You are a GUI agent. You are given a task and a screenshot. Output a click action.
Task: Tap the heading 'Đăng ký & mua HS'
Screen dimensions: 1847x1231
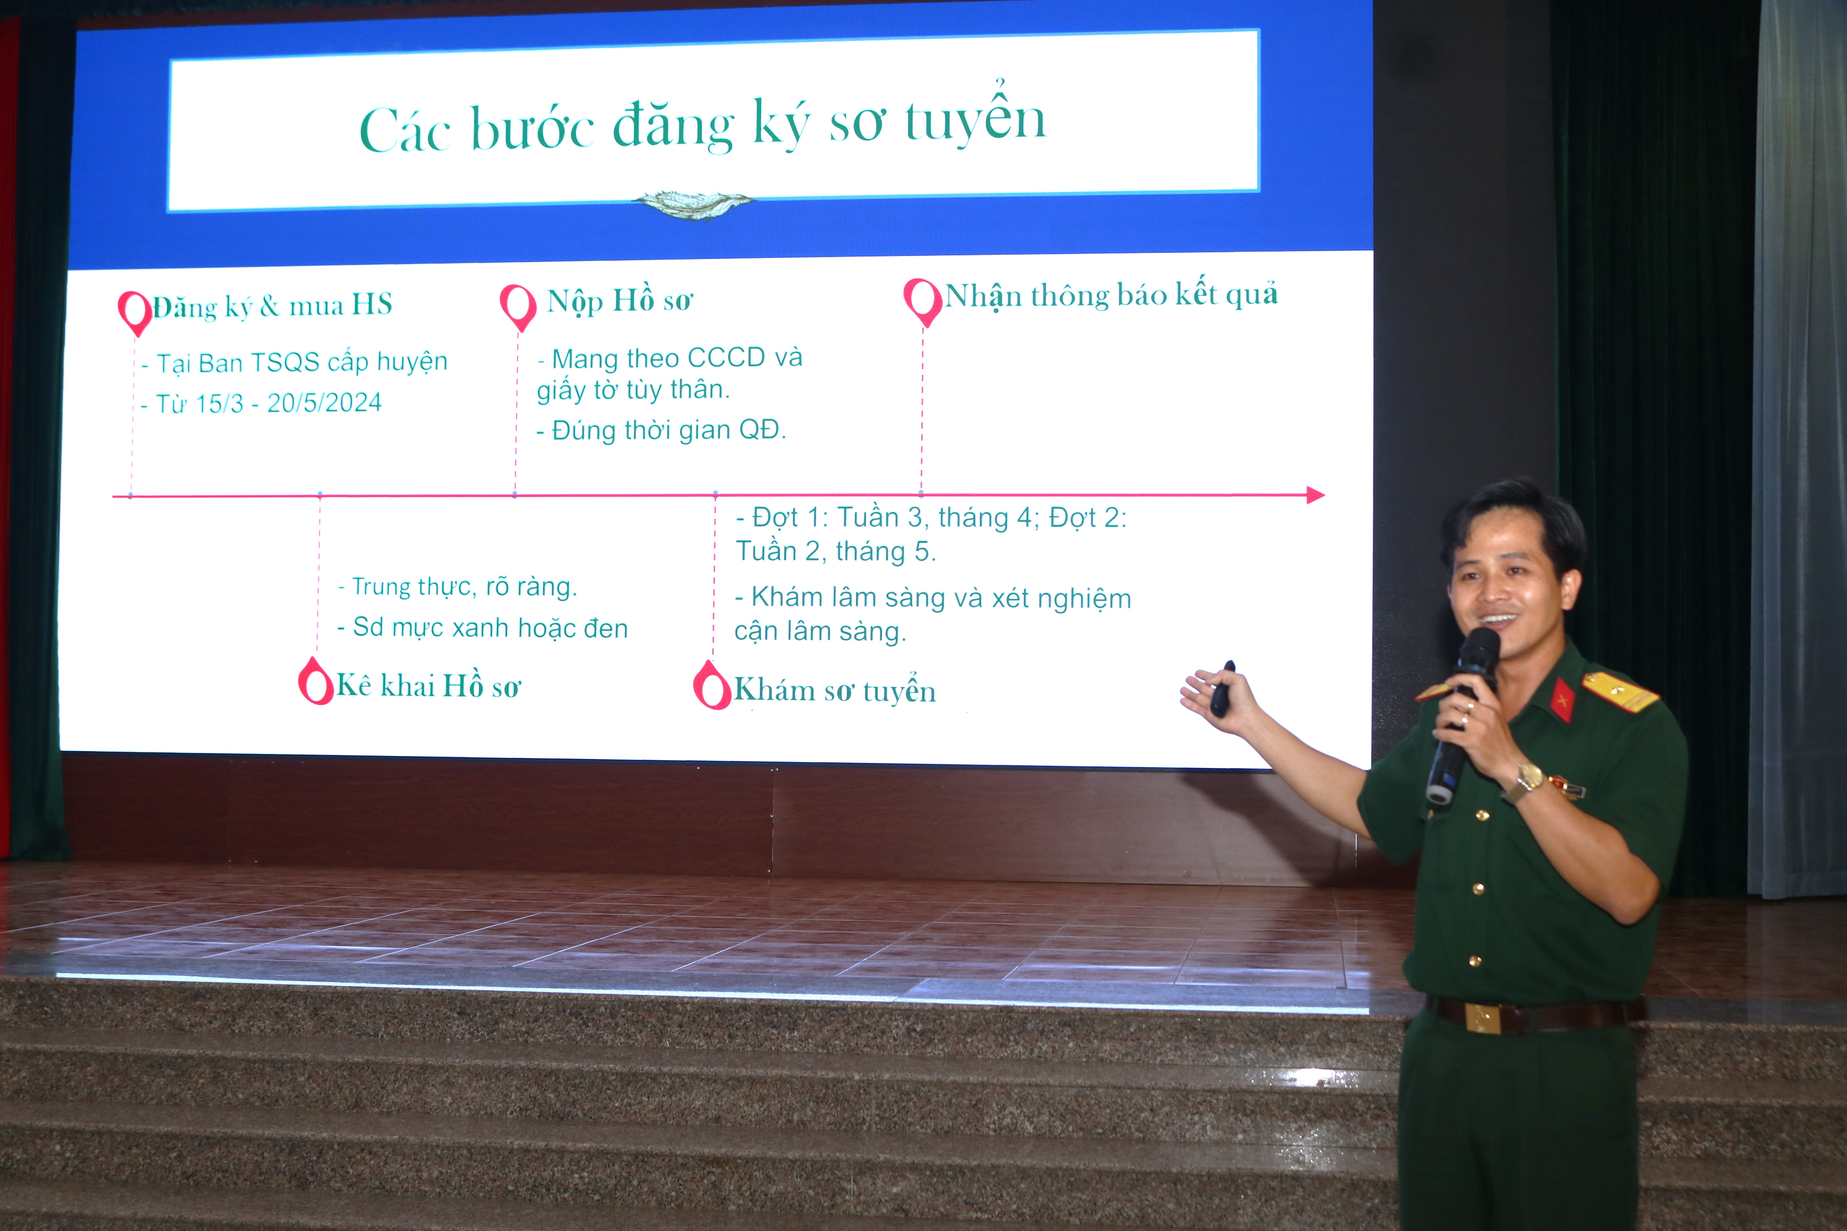point(272,305)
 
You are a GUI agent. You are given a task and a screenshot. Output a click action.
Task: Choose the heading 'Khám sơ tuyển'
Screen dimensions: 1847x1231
point(835,690)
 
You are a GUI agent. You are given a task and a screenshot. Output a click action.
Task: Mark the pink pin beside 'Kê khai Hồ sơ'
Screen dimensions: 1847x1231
point(316,681)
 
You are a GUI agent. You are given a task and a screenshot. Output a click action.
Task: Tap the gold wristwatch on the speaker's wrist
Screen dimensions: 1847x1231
point(1527,781)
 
